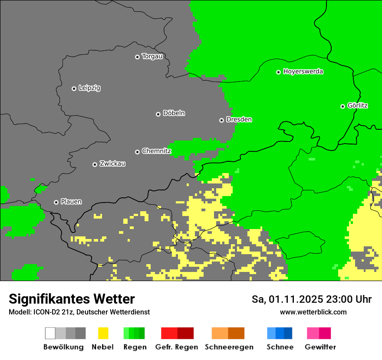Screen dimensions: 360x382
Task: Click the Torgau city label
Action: [152, 56]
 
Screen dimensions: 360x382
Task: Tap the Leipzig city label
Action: [89, 88]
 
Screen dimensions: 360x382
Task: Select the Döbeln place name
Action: [174, 113]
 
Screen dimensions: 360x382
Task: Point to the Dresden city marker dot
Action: [221, 120]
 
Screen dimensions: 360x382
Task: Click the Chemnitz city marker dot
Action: [137, 152]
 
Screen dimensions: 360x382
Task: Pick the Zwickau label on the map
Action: [112, 164]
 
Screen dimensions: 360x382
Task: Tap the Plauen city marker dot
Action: [56, 202]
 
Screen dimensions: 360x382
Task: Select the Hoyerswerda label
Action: [303, 72]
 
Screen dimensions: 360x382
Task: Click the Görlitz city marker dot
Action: [342, 106]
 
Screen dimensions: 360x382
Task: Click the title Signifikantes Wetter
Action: [72, 299]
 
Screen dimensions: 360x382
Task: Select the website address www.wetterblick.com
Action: [313, 312]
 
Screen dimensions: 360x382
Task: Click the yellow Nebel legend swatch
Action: [103, 333]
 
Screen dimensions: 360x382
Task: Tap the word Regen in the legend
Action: [134, 347]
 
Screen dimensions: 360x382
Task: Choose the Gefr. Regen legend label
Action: [177, 347]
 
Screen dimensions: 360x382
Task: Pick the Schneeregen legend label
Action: [229, 347]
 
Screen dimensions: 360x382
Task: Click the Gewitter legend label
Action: [320, 347]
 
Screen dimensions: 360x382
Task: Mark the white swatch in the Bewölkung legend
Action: [50, 333]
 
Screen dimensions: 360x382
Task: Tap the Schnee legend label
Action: [280, 347]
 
